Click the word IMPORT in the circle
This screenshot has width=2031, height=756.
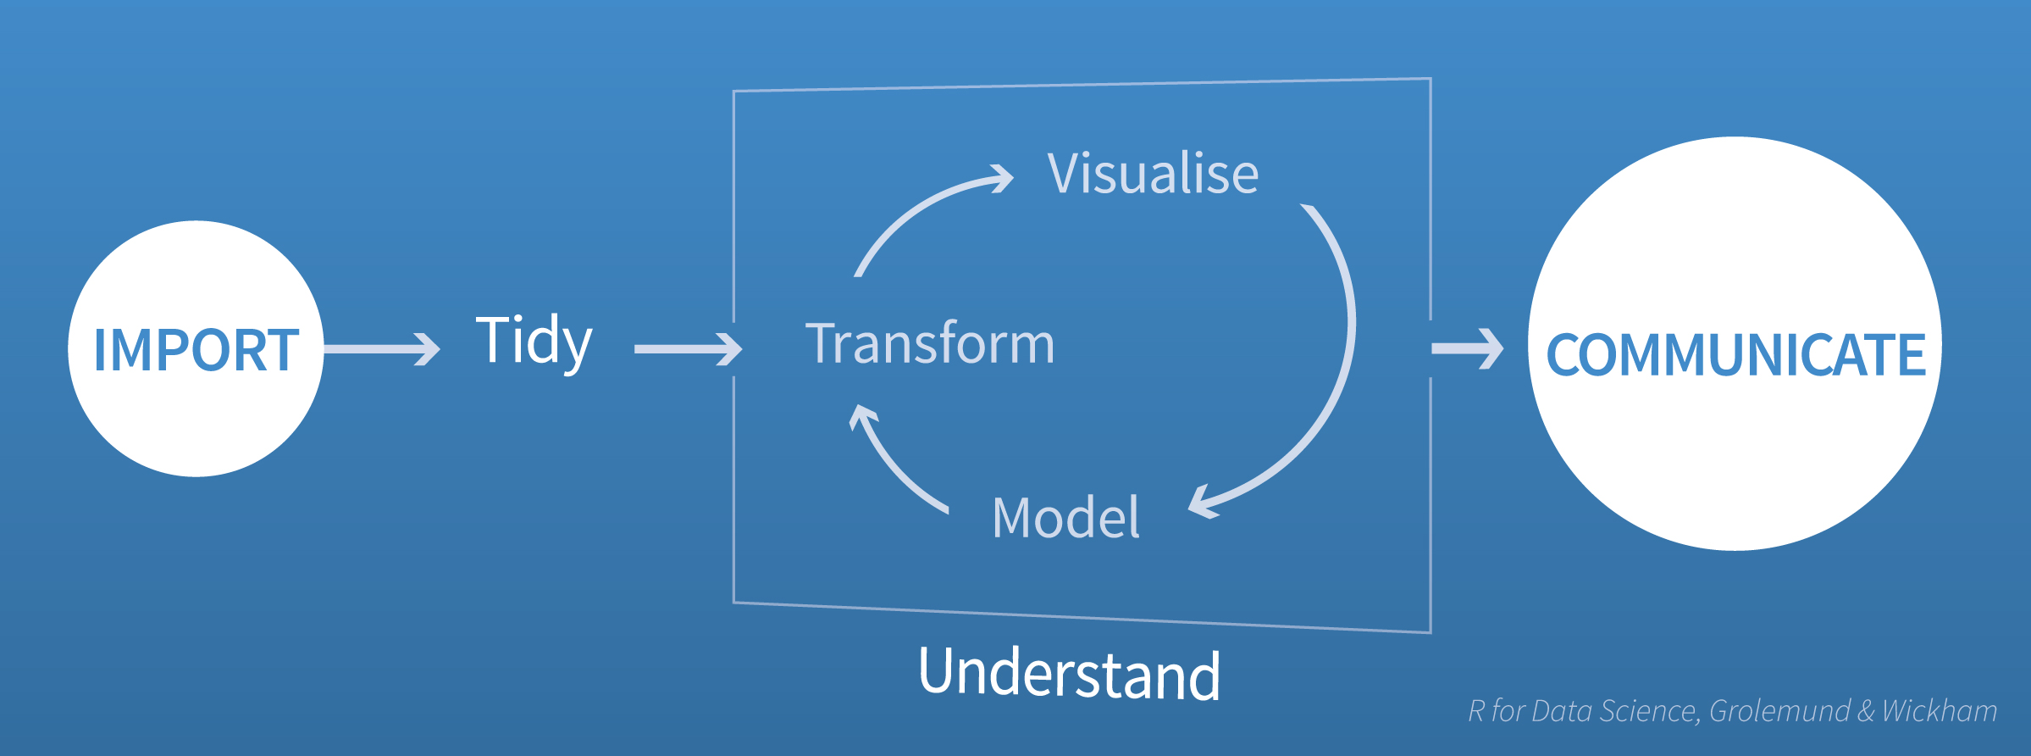[x=196, y=349]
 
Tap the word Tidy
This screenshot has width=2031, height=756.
[x=534, y=341]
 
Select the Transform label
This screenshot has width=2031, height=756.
[x=930, y=343]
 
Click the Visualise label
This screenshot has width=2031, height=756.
[x=1153, y=174]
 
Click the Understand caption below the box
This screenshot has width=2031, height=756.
[x=1069, y=674]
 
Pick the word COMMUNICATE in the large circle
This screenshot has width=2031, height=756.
[x=1735, y=353]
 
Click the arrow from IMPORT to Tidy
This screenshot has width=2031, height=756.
[x=381, y=349]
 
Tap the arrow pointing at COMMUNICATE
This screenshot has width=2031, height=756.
[x=1467, y=348]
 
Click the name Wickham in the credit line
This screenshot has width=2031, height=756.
[x=1940, y=710]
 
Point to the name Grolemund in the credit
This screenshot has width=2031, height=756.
[x=1779, y=710]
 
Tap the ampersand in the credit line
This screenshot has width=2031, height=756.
[x=1866, y=710]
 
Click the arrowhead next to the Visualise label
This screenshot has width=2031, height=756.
[x=1002, y=178]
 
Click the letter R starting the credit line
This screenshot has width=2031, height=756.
[x=1476, y=710]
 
